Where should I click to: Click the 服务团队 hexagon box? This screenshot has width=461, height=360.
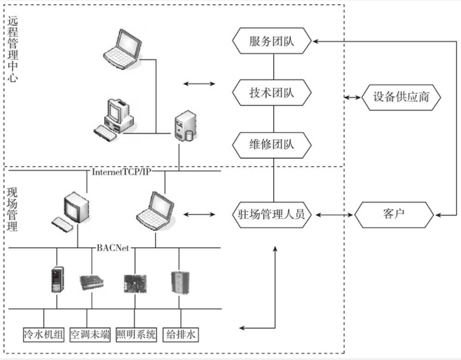click(x=273, y=41)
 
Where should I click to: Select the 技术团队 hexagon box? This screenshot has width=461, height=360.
click(x=273, y=93)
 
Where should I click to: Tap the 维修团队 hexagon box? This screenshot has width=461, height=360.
click(x=273, y=145)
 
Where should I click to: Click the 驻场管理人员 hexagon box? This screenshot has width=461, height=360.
click(x=273, y=214)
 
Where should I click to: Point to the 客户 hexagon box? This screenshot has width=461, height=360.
click(x=394, y=214)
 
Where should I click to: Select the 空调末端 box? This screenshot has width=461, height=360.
click(x=90, y=334)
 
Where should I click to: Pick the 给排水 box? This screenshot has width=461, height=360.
click(x=181, y=334)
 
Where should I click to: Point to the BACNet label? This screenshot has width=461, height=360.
click(x=114, y=248)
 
